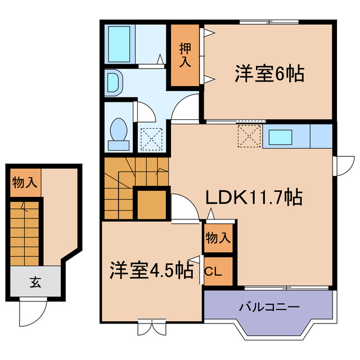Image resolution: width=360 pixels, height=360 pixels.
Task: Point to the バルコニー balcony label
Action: [269, 307]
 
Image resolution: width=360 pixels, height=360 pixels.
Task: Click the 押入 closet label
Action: [185, 55]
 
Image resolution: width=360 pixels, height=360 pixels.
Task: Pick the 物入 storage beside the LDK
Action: [218, 238]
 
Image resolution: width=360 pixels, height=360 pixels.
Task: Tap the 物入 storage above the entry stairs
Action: [25, 183]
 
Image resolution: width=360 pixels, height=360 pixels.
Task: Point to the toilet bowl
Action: [118, 132]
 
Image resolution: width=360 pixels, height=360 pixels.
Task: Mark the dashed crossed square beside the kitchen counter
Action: [248, 136]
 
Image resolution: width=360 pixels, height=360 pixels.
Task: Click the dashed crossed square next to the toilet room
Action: [150, 138]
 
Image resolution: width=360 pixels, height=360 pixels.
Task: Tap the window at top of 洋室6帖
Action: [269, 22]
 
